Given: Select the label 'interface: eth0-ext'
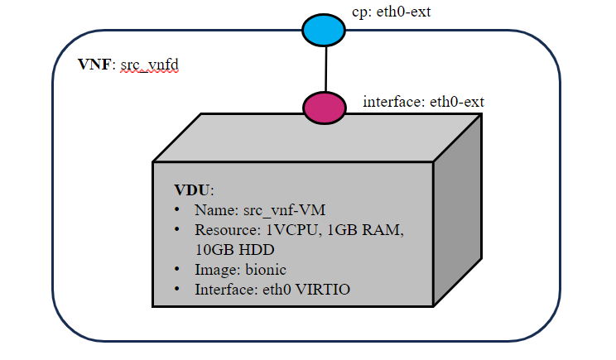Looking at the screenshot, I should click(423, 103).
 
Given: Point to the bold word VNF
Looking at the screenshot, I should click(92, 66).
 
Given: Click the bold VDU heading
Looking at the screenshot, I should click(191, 190).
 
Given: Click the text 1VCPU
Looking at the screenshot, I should click(286, 229).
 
